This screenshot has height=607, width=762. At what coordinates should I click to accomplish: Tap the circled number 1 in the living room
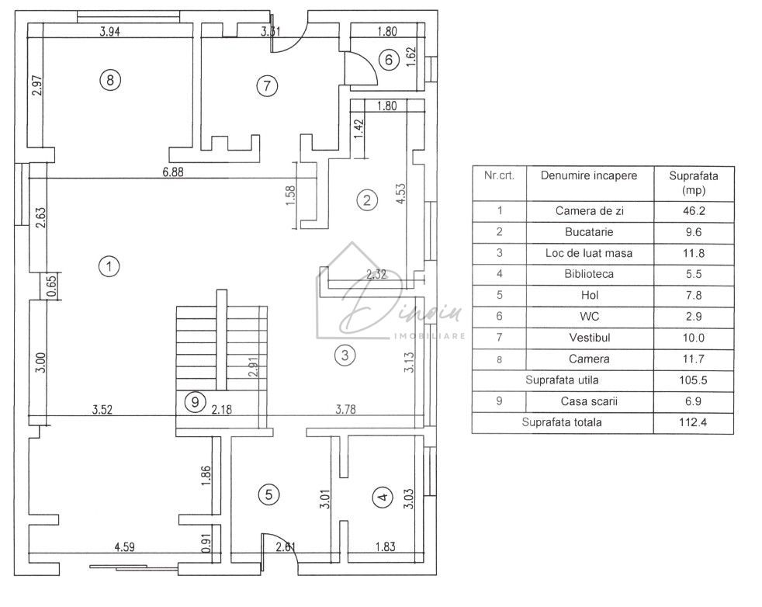click(109, 266)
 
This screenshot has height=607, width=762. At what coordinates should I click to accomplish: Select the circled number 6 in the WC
click(390, 59)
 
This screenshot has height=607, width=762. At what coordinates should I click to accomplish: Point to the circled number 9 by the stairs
click(196, 402)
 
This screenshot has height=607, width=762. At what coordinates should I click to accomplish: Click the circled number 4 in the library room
click(381, 498)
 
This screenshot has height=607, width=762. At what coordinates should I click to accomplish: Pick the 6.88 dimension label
click(173, 172)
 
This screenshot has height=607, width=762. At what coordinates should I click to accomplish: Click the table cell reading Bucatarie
click(589, 231)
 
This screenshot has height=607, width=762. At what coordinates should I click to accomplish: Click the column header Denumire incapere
click(589, 175)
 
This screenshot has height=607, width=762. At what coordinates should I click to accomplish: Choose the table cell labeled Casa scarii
click(589, 401)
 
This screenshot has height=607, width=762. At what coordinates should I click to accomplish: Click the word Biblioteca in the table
click(589, 274)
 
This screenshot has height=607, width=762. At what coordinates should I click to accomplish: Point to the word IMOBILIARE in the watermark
click(431, 336)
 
